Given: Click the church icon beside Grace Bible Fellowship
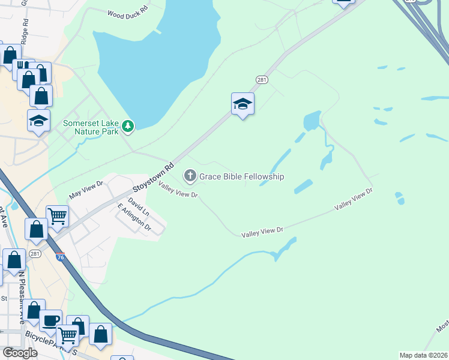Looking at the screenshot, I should pos(190,176).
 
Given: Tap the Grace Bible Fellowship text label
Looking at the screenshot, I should pos(241,176).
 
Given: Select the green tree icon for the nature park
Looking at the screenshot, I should pos(127,125).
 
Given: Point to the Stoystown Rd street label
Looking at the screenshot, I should pos(153,177).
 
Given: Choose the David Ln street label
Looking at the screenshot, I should pos(139,209).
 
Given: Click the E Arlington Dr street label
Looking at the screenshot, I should pos(134,218).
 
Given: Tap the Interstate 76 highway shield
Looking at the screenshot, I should pos(60,257).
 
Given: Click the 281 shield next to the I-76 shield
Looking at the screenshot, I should pos(36,254).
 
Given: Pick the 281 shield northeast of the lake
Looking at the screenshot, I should pos(261,79).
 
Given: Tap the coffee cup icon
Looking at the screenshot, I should pos(50,319).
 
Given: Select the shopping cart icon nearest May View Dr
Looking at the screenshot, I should pos(57,215).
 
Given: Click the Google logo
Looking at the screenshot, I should pos(20,353).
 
